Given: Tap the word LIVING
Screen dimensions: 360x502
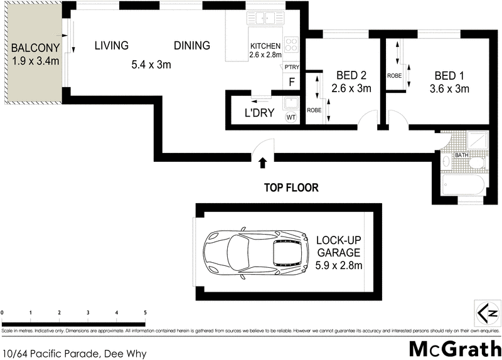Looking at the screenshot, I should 112,46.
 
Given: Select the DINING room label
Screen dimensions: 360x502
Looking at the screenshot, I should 192,46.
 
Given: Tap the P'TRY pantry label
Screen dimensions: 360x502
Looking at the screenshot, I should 291,67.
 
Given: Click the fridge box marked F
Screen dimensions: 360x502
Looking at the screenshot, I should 291,81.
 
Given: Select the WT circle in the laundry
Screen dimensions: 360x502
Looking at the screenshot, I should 291,117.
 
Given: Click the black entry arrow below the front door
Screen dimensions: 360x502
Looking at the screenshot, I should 262,163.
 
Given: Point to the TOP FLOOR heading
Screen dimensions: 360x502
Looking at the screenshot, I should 291,187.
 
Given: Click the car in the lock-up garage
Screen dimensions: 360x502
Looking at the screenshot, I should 254,253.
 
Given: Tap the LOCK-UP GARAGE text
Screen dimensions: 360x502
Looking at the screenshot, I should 338,246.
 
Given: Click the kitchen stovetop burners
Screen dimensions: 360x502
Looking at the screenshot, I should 292,45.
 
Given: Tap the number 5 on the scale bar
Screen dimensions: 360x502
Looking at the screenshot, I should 145,312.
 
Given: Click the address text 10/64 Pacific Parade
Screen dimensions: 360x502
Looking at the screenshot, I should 74,354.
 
